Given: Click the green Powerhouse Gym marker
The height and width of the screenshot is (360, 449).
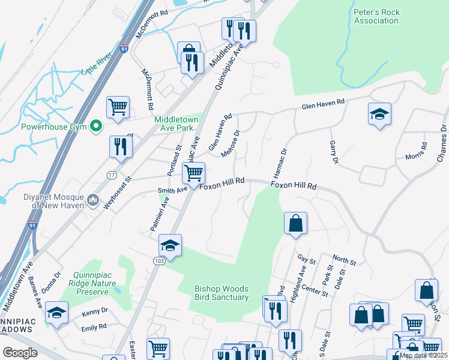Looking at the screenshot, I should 95,126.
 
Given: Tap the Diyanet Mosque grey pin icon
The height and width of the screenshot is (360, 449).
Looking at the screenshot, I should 92,199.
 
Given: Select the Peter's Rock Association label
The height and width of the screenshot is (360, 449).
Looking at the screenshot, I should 376,16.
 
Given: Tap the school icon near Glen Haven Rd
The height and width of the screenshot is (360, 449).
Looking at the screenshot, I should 379,114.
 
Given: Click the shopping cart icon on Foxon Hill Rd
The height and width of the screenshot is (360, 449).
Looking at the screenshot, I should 193,173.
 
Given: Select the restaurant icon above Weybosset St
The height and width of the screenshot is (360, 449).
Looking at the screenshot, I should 121,146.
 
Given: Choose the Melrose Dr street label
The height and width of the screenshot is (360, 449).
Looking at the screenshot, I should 231,144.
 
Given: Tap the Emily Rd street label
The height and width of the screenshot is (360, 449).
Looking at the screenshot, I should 94,327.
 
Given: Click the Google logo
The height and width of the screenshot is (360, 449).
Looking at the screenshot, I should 20,352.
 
